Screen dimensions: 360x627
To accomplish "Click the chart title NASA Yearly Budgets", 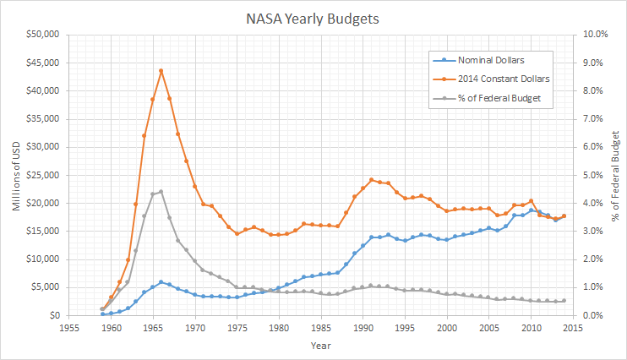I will pos(313,16).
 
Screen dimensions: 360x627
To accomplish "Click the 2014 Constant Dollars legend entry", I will pos(502,79).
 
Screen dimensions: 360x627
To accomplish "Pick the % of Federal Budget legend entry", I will pos(499,97).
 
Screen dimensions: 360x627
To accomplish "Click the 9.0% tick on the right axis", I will pos(588,63).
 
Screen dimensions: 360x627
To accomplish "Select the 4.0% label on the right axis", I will pos(588,203).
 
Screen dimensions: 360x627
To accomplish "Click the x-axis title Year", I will pos(320,345).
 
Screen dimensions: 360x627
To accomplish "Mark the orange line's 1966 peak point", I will pos(161,71).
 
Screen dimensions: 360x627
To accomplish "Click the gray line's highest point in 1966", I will pos(161,192).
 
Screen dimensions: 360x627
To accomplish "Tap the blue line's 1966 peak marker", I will pos(161,282).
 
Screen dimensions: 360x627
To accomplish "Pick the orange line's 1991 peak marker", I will pos(371,180).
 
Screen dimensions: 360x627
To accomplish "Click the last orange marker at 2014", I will pos(564,215).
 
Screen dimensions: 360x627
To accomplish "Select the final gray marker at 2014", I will pos(564,301).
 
